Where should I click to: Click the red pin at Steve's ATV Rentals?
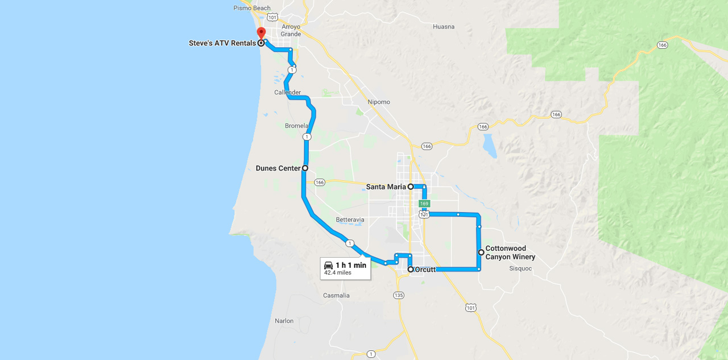pos(261,32)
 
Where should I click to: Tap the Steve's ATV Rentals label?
pos(222,43)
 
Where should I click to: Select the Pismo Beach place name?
pos(252,8)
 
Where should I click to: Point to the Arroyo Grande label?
pos(291,30)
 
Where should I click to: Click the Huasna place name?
pos(444,27)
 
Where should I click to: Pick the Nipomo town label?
pos(379,102)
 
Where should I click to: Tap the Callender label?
pos(287,92)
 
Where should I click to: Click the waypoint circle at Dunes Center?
pos(305,168)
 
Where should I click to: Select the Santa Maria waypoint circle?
pos(411,187)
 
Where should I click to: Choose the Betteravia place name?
pos(350,220)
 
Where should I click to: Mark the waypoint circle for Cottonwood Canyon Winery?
pos(481,252)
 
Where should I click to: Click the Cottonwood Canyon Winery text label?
pos(510,253)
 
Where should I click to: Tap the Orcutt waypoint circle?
pos(411,270)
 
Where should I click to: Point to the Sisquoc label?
pos(520,268)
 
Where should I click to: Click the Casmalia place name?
pos(336,295)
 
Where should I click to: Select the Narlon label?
pos(284,321)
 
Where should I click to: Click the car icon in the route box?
pos(328,266)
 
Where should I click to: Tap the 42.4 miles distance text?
pos(338,273)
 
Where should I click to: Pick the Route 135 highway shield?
pos(399,295)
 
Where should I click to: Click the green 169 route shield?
pos(424,204)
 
